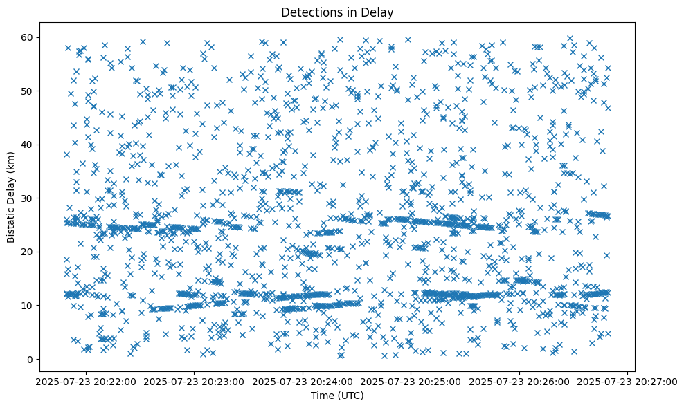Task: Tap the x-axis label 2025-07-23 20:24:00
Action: [303, 381]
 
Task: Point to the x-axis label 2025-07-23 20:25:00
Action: [411, 381]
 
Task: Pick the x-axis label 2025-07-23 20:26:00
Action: [520, 381]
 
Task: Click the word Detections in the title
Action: [307, 12]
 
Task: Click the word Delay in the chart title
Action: [377, 12]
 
